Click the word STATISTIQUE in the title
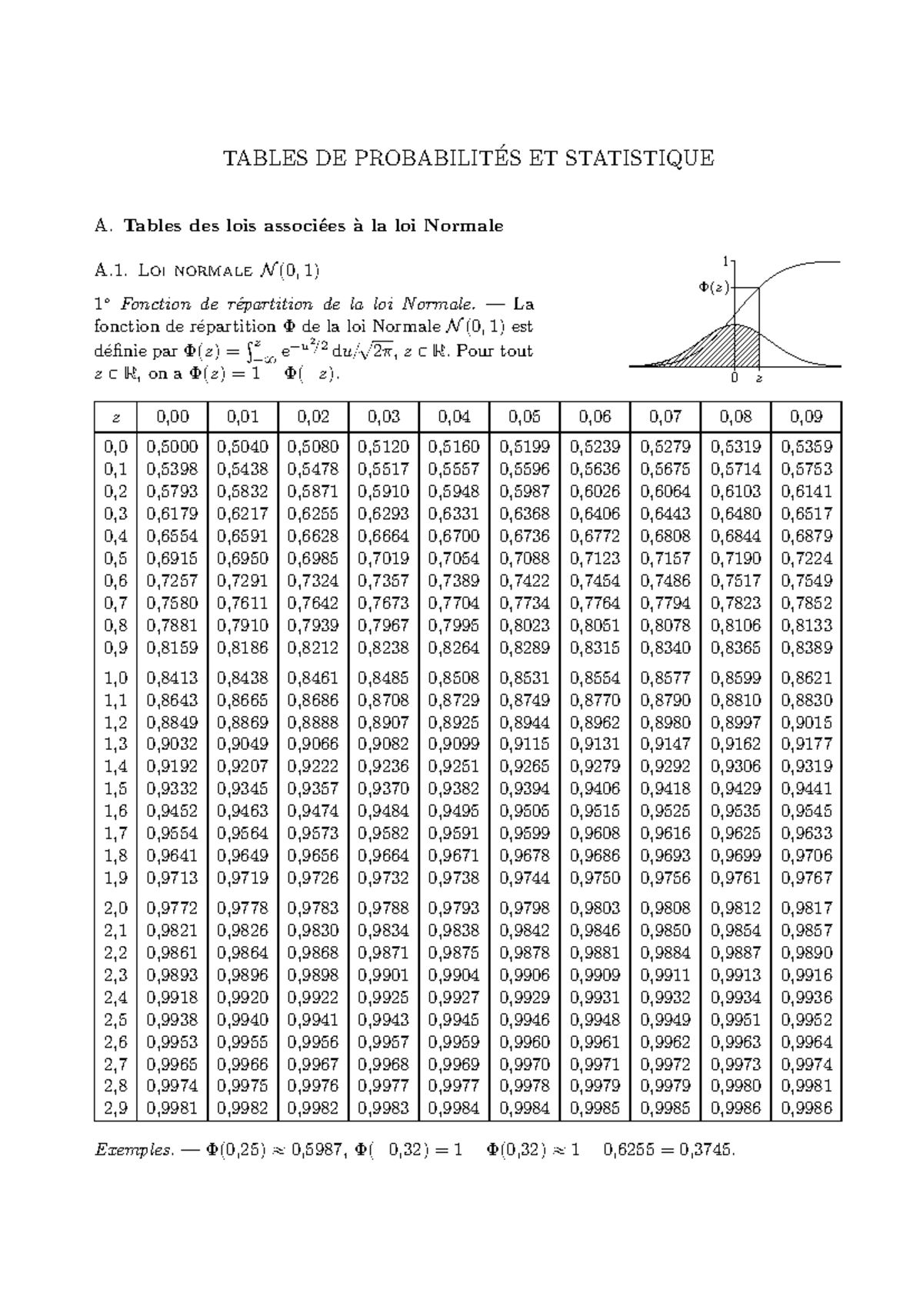click(639, 158)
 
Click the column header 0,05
click(525, 417)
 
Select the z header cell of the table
click(116, 417)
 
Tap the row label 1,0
click(116, 678)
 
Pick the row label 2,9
click(116, 1108)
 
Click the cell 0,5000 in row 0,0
click(172, 446)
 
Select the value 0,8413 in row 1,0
click(172, 678)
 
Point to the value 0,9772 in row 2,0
click(172, 908)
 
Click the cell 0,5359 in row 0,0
click(806, 446)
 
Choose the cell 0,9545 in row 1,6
click(806, 811)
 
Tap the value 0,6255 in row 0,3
click(313, 513)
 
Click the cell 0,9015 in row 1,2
click(806, 722)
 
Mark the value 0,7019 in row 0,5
click(384, 558)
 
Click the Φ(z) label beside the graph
click(714, 287)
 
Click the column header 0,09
click(806, 417)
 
